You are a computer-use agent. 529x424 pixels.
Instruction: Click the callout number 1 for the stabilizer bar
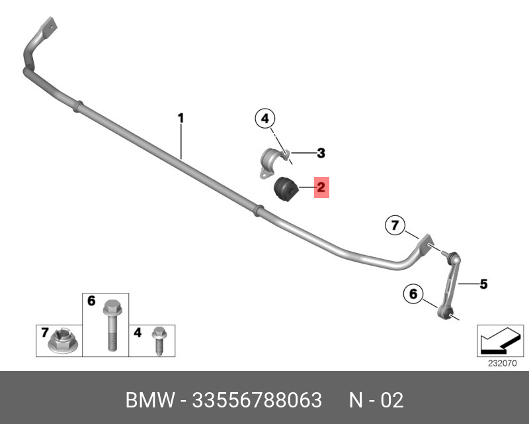pyautogui.click(x=180, y=119)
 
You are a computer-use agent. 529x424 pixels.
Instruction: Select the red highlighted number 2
pyautogui.click(x=320, y=187)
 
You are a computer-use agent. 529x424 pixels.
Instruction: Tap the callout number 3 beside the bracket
pyautogui.click(x=321, y=154)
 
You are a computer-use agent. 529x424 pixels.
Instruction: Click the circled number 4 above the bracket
pyautogui.click(x=264, y=119)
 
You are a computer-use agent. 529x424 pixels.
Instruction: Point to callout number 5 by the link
pyautogui.click(x=483, y=284)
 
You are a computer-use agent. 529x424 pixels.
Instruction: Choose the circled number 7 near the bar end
pyautogui.click(x=395, y=227)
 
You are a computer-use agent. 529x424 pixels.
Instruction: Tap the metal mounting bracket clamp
pyautogui.click(x=272, y=163)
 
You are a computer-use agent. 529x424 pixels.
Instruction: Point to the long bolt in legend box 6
pyautogui.click(x=110, y=325)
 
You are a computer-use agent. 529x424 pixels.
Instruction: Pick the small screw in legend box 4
pyautogui.click(x=158, y=339)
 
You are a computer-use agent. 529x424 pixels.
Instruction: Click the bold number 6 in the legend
pyautogui.click(x=91, y=301)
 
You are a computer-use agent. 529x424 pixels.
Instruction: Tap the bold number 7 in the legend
pyautogui.click(x=44, y=331)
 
